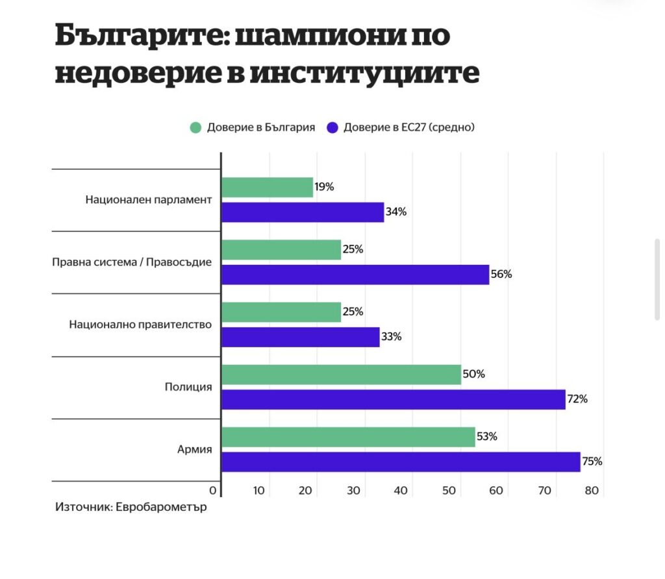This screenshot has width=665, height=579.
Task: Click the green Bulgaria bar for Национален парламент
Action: pos(267,188)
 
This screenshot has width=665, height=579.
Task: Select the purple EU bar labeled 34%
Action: pos(303,212)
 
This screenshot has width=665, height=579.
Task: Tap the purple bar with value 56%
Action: pos(355,275)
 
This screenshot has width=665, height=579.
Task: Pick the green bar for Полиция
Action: pos(341,375)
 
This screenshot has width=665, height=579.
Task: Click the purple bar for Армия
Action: pos(400,462)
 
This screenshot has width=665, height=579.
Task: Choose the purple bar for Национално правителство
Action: pos(300,337)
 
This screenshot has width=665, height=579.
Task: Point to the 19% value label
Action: pos(324,187)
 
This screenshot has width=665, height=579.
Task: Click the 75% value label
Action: pos(592,462)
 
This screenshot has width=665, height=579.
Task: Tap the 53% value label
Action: pos(487,437)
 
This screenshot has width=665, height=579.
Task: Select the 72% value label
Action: pos(577,399)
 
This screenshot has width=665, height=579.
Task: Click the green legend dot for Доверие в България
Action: pos(195,127)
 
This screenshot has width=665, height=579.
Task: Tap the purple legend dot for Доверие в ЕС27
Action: pos(333,127)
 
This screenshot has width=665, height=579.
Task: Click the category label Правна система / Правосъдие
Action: pos(132,262)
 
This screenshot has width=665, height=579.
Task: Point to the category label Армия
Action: pos(194,449)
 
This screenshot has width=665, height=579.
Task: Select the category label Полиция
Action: pos(188,387)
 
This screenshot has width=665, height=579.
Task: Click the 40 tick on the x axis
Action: pos(401,491)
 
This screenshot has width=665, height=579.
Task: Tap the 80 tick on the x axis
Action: pos(591,491)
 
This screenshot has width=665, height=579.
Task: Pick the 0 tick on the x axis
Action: pos(212,491)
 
